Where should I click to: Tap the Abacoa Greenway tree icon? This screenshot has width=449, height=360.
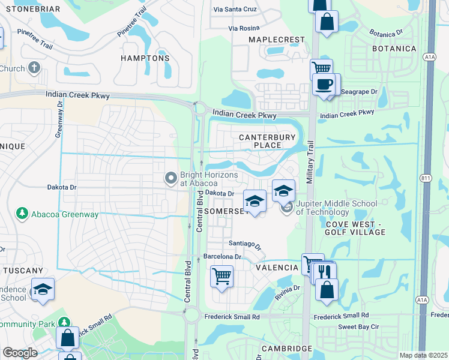point(22,213)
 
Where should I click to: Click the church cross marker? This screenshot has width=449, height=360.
point(34,67)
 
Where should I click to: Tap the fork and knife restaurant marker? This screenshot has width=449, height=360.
point(325,271)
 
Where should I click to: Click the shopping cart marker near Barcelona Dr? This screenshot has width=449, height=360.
point(221,277)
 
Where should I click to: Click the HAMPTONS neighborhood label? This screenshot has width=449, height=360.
point(145,58)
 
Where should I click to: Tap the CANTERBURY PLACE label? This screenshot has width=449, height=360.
point(267,142)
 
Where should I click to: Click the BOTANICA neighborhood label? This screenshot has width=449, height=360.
point(394,49)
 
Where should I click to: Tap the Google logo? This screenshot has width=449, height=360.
point(20,353)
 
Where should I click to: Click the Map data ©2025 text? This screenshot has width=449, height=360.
point(423,355)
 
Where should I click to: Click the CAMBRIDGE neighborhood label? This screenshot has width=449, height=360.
point(286,349)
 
